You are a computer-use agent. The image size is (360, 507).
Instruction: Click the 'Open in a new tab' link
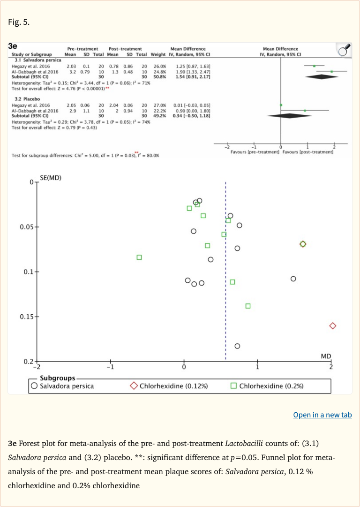[322, 415]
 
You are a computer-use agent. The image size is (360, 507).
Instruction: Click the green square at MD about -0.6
[139, 257]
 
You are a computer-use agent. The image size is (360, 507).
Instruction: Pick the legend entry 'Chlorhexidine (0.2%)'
[267, 386]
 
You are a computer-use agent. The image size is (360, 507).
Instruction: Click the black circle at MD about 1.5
[293, 279]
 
